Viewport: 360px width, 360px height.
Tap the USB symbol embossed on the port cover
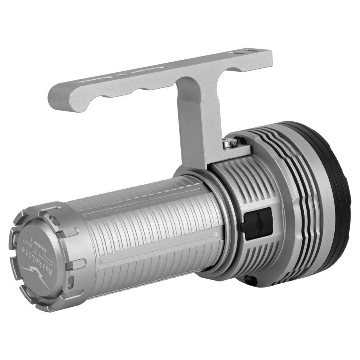(260, 223)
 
